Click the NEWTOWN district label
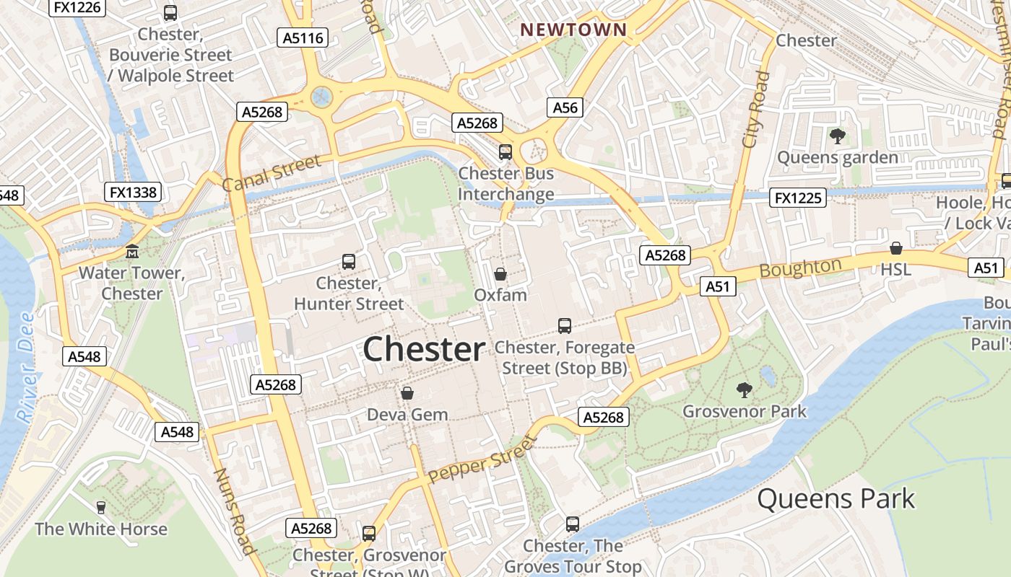(573, 30)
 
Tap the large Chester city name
(423, 350)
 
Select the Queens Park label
(836, 498)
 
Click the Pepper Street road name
(482, 459)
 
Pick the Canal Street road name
(271, 174)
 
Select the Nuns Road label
(235, 511)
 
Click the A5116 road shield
(303, 38)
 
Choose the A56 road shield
(565, 107)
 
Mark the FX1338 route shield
(133, 192)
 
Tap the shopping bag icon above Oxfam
(500, 274)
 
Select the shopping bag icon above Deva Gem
(407, 393)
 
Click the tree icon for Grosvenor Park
(744, 390)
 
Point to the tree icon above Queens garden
(837, 136)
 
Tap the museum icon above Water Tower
(132, 252)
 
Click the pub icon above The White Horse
(101, 508)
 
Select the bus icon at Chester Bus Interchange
(506, 152)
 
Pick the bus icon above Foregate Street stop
(565, 326)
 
